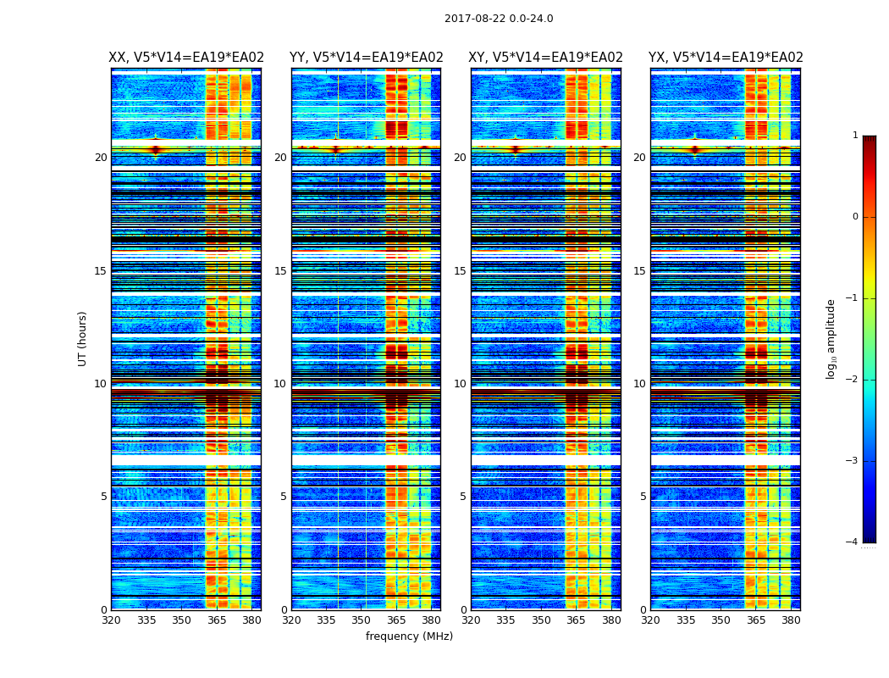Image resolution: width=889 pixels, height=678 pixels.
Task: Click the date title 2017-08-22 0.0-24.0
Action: [x=499, y=19]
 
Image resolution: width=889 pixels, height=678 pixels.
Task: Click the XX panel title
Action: [x=186, y=58]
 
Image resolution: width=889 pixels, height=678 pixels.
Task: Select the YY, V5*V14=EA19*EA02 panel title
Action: [x=366, y=58]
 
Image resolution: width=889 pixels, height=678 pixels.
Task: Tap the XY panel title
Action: [x=546, y=58]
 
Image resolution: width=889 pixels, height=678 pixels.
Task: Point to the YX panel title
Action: [x=726, y=58]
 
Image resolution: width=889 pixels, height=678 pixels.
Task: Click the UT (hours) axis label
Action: [x=83, y=338]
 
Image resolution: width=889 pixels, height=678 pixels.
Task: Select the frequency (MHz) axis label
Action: [x=409, y=636]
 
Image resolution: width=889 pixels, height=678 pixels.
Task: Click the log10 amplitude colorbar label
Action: [x=831, y=338]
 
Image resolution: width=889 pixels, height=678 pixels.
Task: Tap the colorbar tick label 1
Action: [x=854, y=136]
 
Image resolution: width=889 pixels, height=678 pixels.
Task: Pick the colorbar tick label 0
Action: [x=854, y=217]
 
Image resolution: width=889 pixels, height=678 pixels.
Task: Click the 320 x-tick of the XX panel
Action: [x=111, y=620]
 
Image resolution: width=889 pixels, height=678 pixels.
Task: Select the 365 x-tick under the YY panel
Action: [x=396, y=620]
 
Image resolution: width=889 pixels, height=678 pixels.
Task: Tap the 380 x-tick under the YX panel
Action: [x=791, y=620]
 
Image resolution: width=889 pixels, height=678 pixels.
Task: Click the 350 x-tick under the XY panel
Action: [x=541, y=620]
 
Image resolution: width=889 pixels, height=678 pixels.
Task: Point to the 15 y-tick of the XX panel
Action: [x=101, y=271]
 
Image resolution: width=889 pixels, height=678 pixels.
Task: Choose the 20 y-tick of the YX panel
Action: [x=639, y=158]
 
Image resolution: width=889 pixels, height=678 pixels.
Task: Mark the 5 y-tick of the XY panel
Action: [x=463, y=497]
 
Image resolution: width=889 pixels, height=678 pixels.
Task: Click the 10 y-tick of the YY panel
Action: [x=280, y=384]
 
